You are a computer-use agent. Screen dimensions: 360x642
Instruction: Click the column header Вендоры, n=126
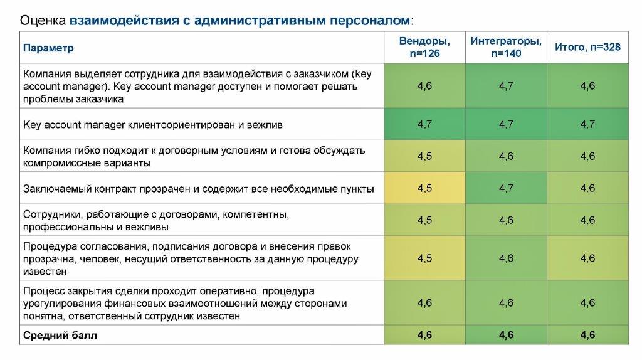(x=424, y=47)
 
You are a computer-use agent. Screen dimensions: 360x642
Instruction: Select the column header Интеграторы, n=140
(x=506, y=47)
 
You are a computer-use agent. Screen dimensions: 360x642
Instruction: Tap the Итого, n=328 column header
(x=587, y=47)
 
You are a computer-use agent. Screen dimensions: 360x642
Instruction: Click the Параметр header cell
(x=48, y=48)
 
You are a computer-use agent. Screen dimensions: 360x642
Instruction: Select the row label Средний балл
(x=60, y=336)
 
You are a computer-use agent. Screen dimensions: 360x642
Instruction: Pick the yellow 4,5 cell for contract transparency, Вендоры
(x=424, y=188)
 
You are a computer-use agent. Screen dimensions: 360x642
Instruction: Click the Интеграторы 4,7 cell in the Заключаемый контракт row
(x=506, y=188)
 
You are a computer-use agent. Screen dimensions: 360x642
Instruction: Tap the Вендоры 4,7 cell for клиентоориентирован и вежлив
(x=424, y=124)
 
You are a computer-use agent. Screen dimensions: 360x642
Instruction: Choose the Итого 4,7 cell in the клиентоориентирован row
(x=587, y=124)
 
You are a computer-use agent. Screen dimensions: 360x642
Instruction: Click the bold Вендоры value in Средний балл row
(x=424, y=336)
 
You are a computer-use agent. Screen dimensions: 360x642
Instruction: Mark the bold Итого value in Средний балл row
(x=587, y=336)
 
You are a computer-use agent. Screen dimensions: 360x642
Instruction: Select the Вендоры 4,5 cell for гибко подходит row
(x=424, y=156)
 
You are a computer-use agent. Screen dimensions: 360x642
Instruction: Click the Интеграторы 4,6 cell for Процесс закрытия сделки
(x=506, y=303)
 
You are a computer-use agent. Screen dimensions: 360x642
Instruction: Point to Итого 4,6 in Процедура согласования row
(x=587, y=258)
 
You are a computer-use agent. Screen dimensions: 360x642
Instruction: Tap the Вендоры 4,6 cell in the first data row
(x=424, y=86)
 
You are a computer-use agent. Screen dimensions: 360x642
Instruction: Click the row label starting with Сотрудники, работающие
(x=155, y=220)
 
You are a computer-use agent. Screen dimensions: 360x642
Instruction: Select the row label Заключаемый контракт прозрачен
(x=198, y=188)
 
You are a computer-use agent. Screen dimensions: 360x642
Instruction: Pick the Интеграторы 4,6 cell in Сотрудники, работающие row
(x=506, y=220)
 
